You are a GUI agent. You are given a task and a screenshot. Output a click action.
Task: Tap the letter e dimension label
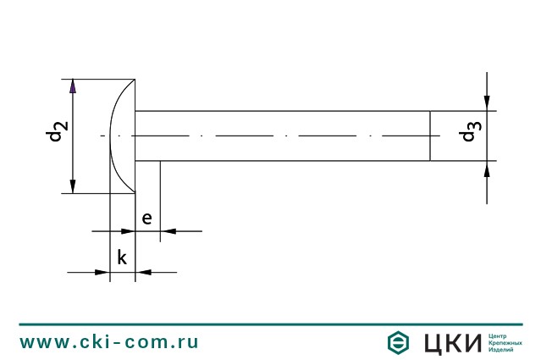pyautogui.click(x=147, y=219)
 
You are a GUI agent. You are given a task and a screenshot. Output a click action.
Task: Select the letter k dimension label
pyautogui.click(x=122, y=258)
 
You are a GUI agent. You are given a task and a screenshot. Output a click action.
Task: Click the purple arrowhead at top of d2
pyautogui.click(x=73, y=86)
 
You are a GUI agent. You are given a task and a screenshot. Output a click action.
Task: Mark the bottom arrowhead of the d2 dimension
pyautogui.click(x=73, y=186)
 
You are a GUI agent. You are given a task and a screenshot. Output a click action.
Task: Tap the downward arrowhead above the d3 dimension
pyautogui.click(x=487, y=103)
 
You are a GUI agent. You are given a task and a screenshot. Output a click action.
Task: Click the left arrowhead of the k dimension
pyautogui.click(x=102, y=272)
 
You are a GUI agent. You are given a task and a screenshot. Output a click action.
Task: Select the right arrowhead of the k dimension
pyautogui.click(x=143, y=272)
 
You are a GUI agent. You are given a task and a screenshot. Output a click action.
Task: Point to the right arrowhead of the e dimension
pyautogui.click(x=167, y=230)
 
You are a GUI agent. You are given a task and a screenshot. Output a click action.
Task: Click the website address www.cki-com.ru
pyautogui.click(x=109, y=342)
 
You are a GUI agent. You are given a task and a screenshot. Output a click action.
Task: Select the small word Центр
pyautogui.click(x=500, y=335)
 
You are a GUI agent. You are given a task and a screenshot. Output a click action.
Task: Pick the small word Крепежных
pyautogui.click(x=505, y=342)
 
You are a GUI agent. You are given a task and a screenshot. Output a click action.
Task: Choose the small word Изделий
pyautogui.click(x=503, y=350)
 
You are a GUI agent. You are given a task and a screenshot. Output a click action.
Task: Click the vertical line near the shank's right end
pyautogui.click(x=430, y=136)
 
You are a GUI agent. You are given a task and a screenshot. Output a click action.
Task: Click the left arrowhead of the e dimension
pyautogui.click(x=128, y=230)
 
